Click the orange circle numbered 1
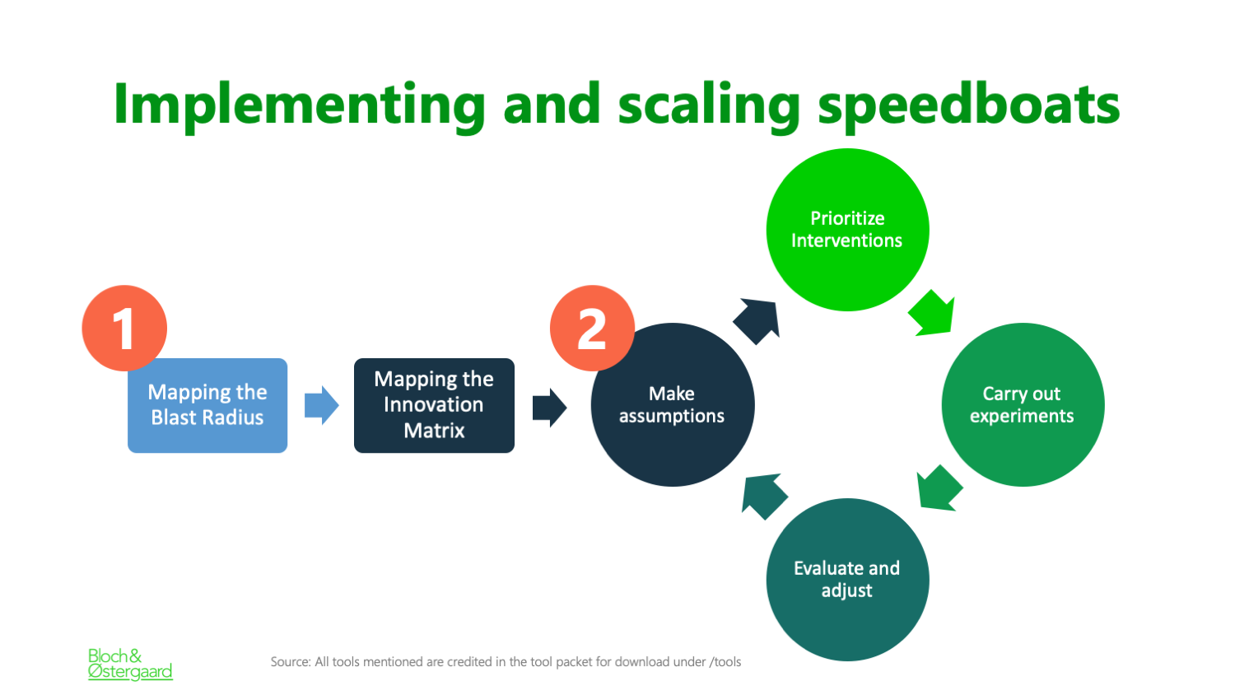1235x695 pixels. [124, 328]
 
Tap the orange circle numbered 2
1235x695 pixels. [592, 328]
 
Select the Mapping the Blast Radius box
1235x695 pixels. [207, 405]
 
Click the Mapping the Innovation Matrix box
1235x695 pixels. [434, 405]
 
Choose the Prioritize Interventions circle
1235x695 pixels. [847, 230]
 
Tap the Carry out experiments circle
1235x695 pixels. [1023, 405]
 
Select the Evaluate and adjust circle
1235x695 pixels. [847, 580]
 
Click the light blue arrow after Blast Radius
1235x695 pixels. [321, 405]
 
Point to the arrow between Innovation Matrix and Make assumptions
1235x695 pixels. [550, 408]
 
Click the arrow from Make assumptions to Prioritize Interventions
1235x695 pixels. [757, 321]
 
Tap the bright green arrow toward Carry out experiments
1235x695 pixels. [932, 313]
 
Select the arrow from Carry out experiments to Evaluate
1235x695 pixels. [939, 488]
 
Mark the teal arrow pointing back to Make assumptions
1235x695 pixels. [764, 497]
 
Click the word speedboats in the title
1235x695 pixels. [969, 106]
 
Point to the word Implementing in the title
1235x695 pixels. [300, 106]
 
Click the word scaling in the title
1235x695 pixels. [709, 106]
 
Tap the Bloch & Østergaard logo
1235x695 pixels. [130, 664]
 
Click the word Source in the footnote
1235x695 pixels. [290, 662]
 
